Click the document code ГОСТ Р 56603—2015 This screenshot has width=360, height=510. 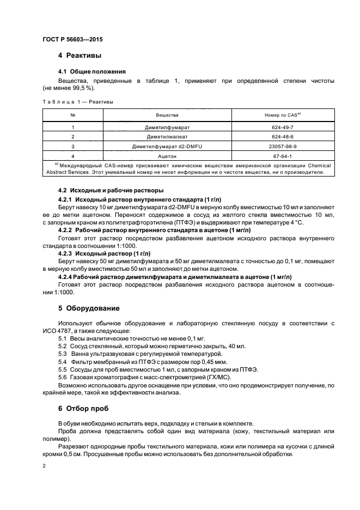point(72,40)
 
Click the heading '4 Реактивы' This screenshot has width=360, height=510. point(80,56)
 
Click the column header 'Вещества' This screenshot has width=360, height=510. point(167,115)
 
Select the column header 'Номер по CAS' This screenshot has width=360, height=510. point(282,115)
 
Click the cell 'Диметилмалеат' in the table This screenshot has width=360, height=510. point(167,137)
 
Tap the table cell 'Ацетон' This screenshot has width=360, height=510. point(167,156)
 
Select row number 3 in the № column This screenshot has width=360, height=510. point(72,147)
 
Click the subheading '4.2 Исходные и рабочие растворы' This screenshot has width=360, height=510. point(111,191)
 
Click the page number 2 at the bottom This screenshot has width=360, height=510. point(44,466)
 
